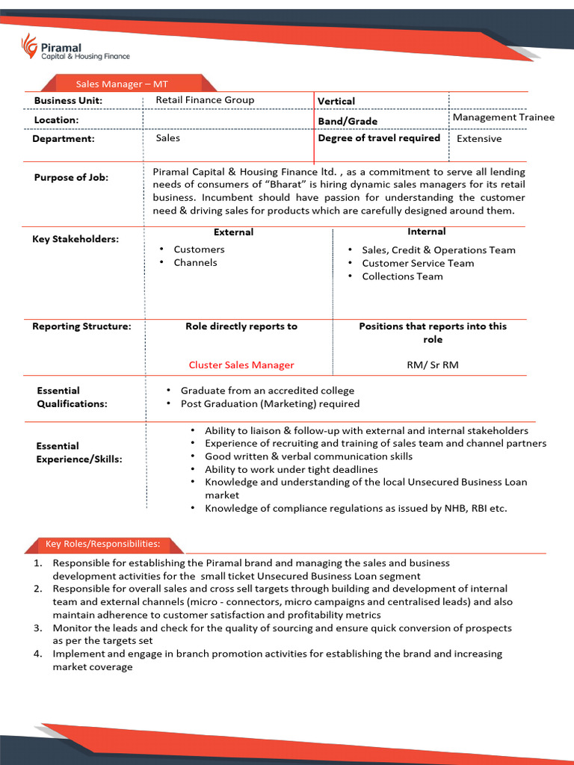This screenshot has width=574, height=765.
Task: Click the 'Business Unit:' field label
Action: [x=68, y=101]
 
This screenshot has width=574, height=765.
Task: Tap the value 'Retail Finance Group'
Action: [x=205, y=100]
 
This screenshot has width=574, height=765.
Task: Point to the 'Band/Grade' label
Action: [x=348, y=121]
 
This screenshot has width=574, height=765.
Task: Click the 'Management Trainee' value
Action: [x=503, y=117]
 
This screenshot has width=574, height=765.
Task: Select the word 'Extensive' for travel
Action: [x=479, y=139]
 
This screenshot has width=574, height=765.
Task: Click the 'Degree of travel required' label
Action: [x=379, y=138]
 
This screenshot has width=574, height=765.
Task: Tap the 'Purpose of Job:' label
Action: [x=71, y=178]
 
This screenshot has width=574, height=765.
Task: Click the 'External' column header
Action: [x=233, y=232]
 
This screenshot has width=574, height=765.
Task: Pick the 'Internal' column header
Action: [x=427, y=232]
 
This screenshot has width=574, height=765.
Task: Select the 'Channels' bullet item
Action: [x=195, y=263]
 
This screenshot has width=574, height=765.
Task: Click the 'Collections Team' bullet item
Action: [x=402, y=276]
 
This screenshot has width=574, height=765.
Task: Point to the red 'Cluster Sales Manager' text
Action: [x=241, y=365]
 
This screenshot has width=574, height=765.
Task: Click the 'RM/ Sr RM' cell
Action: [x=430, y=365]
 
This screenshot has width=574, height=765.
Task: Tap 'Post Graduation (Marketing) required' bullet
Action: [x=270, y=404]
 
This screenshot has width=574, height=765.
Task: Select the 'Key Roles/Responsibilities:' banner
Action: [x=102, y=544]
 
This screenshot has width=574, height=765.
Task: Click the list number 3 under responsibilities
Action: [x=37, y=628]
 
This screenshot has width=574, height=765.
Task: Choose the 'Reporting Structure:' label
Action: [x=81, y=326]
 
